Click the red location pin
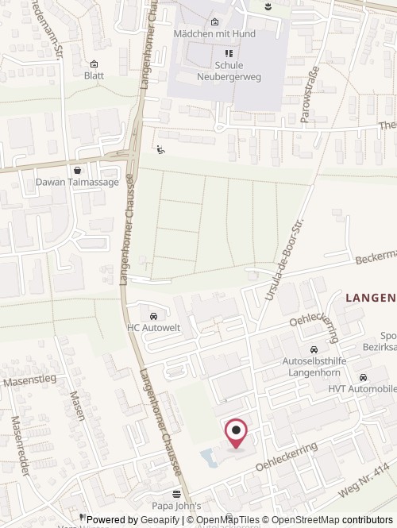pyautogui.click(x=237, y=432)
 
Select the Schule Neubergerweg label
pyautogui.click(x=227, y=71)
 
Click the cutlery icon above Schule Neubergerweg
pyautogui.click(x=227, y=53)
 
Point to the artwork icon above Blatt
pyautogui.click(x=94, y=64)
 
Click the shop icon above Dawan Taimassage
pyautogui.click(x=77, y=170)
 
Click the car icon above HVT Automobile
pyautogui.click(x=363, y=377)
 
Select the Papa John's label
pyautogui.click(x=176, y=506)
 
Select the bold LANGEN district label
pyautogui.click(x=370, y=298)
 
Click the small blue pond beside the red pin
pyautogui.click(x=208, y=457)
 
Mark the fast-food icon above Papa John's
pyautogui.click(x=176, y=493)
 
